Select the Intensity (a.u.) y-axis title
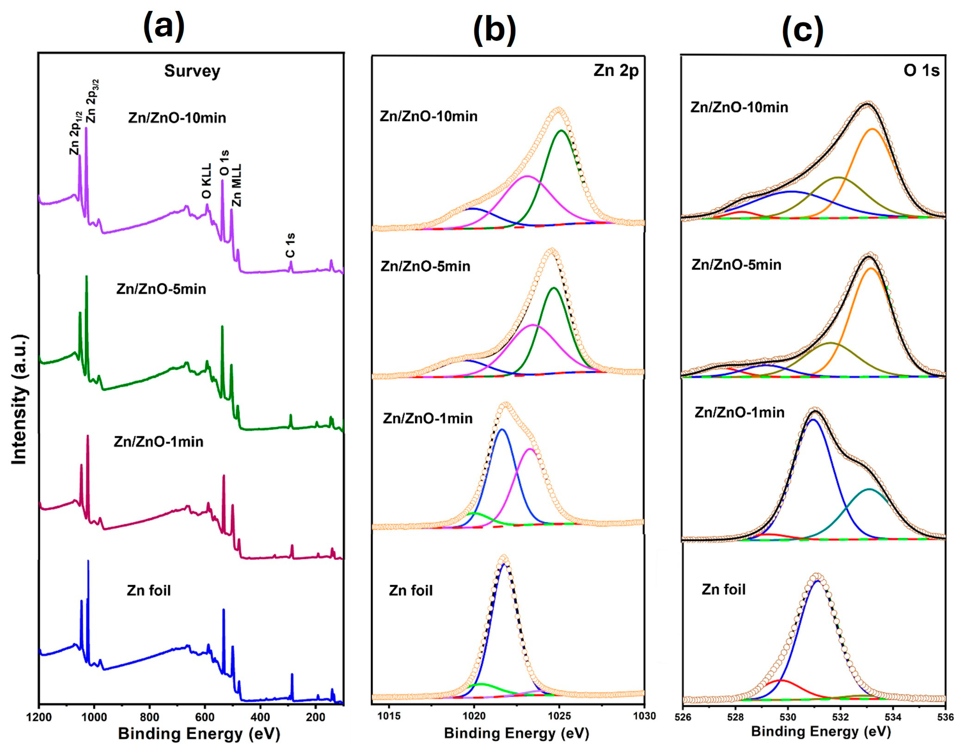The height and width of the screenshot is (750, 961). pos(19,399)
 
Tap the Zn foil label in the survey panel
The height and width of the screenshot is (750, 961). pos(149,590)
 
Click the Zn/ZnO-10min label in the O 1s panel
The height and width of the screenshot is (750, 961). pos(739,107)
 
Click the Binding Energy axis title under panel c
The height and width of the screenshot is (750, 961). pos(821,731)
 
